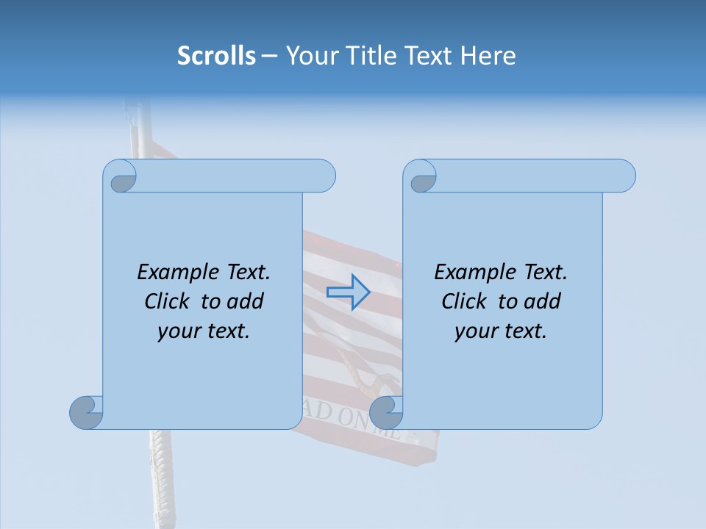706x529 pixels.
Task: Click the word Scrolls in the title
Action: tap(216, 56)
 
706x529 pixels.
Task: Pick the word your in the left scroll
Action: tap(179, 331)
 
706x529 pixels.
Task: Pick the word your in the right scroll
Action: tap(476, 331)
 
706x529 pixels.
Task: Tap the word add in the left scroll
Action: tap(246, 301)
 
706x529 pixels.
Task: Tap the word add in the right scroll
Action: tap(543, 301)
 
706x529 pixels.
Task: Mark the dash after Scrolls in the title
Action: tap(270, 57)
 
